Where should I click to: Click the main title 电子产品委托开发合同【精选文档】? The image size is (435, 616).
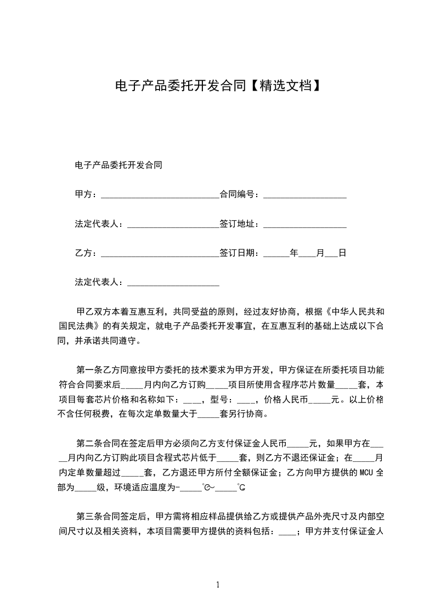[217, 86]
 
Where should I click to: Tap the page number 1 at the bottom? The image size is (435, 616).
[218, 585]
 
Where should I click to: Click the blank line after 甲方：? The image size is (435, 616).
[160, 195]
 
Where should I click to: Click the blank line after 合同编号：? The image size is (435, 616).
[305, 195]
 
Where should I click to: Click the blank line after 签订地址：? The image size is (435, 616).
[305, 225]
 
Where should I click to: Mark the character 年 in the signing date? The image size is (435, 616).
[294, 253]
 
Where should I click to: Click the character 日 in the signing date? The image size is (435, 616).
[342, 253]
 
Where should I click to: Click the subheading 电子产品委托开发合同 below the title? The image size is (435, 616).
[118, 165]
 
